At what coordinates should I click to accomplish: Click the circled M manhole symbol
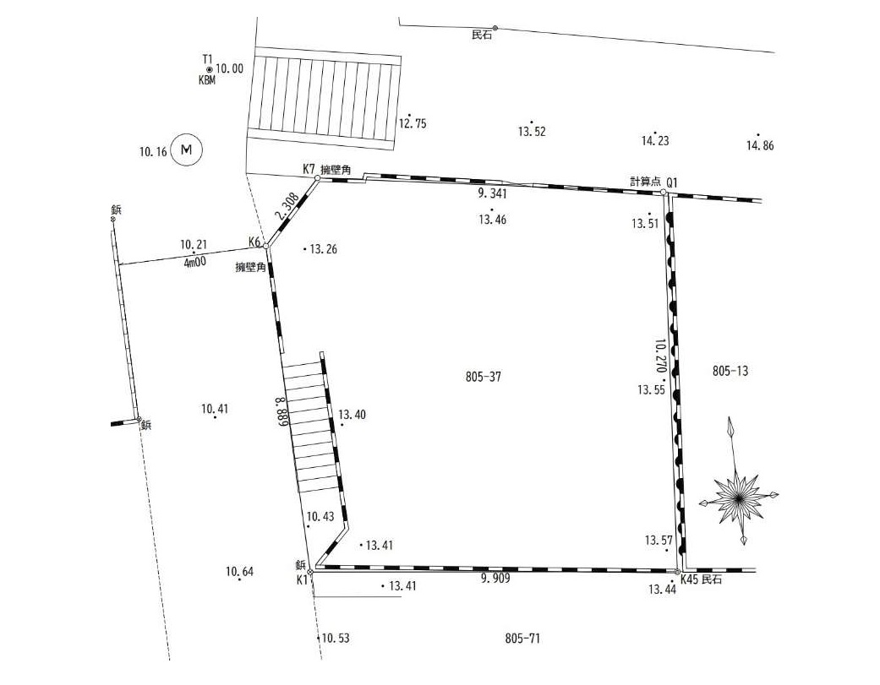(x=187, y=150)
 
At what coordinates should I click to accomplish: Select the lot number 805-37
(x=484, y=377)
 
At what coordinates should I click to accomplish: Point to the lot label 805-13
(x=731, y=371)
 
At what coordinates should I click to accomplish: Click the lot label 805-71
(x=522, y=639)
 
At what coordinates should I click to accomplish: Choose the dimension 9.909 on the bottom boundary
(x=495, y=579)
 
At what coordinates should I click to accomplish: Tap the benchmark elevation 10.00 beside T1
(x=229, y=68)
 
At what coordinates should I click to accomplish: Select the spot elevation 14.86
(x=759, y=145)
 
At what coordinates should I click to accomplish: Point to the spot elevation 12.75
(x=413, y=123)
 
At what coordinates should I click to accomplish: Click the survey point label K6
(x=254, y=242)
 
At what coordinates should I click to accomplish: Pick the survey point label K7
(x=309, y=169)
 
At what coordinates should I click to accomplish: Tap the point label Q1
(x=673, y=182)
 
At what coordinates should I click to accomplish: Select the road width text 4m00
(x=194, y=263)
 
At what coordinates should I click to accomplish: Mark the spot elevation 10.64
(x=239, y=572)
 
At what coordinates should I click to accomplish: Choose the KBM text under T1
(x=207, y=80)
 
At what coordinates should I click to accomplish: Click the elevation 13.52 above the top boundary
(x=532, y=132)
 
